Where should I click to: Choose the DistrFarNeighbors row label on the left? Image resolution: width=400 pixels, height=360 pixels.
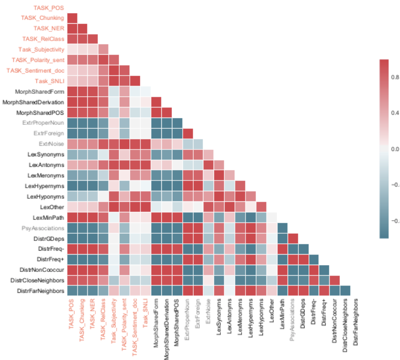point(41,290)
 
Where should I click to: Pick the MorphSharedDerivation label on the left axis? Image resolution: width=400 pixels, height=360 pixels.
point(33,102)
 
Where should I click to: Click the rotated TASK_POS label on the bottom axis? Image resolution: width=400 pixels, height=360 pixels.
point(72,314)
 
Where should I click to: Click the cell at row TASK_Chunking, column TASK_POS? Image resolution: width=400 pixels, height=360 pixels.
point(72,18)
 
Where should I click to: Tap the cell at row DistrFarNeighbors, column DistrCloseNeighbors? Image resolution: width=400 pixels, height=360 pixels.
point(345,290)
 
